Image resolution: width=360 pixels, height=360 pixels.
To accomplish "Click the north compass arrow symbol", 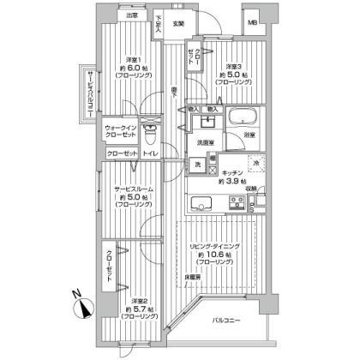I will pos(82,303).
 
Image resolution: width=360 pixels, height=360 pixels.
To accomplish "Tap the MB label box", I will pos(251,22).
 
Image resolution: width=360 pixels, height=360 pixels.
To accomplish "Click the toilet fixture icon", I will pos(149,133).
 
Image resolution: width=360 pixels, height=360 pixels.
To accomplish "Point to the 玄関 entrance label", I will pos(178,23).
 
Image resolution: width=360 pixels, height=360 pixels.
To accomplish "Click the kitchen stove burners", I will pos(233,203).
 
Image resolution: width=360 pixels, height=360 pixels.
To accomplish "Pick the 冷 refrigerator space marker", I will pos(255,161).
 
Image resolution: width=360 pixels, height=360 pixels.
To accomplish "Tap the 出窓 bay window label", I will pos(130,15).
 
